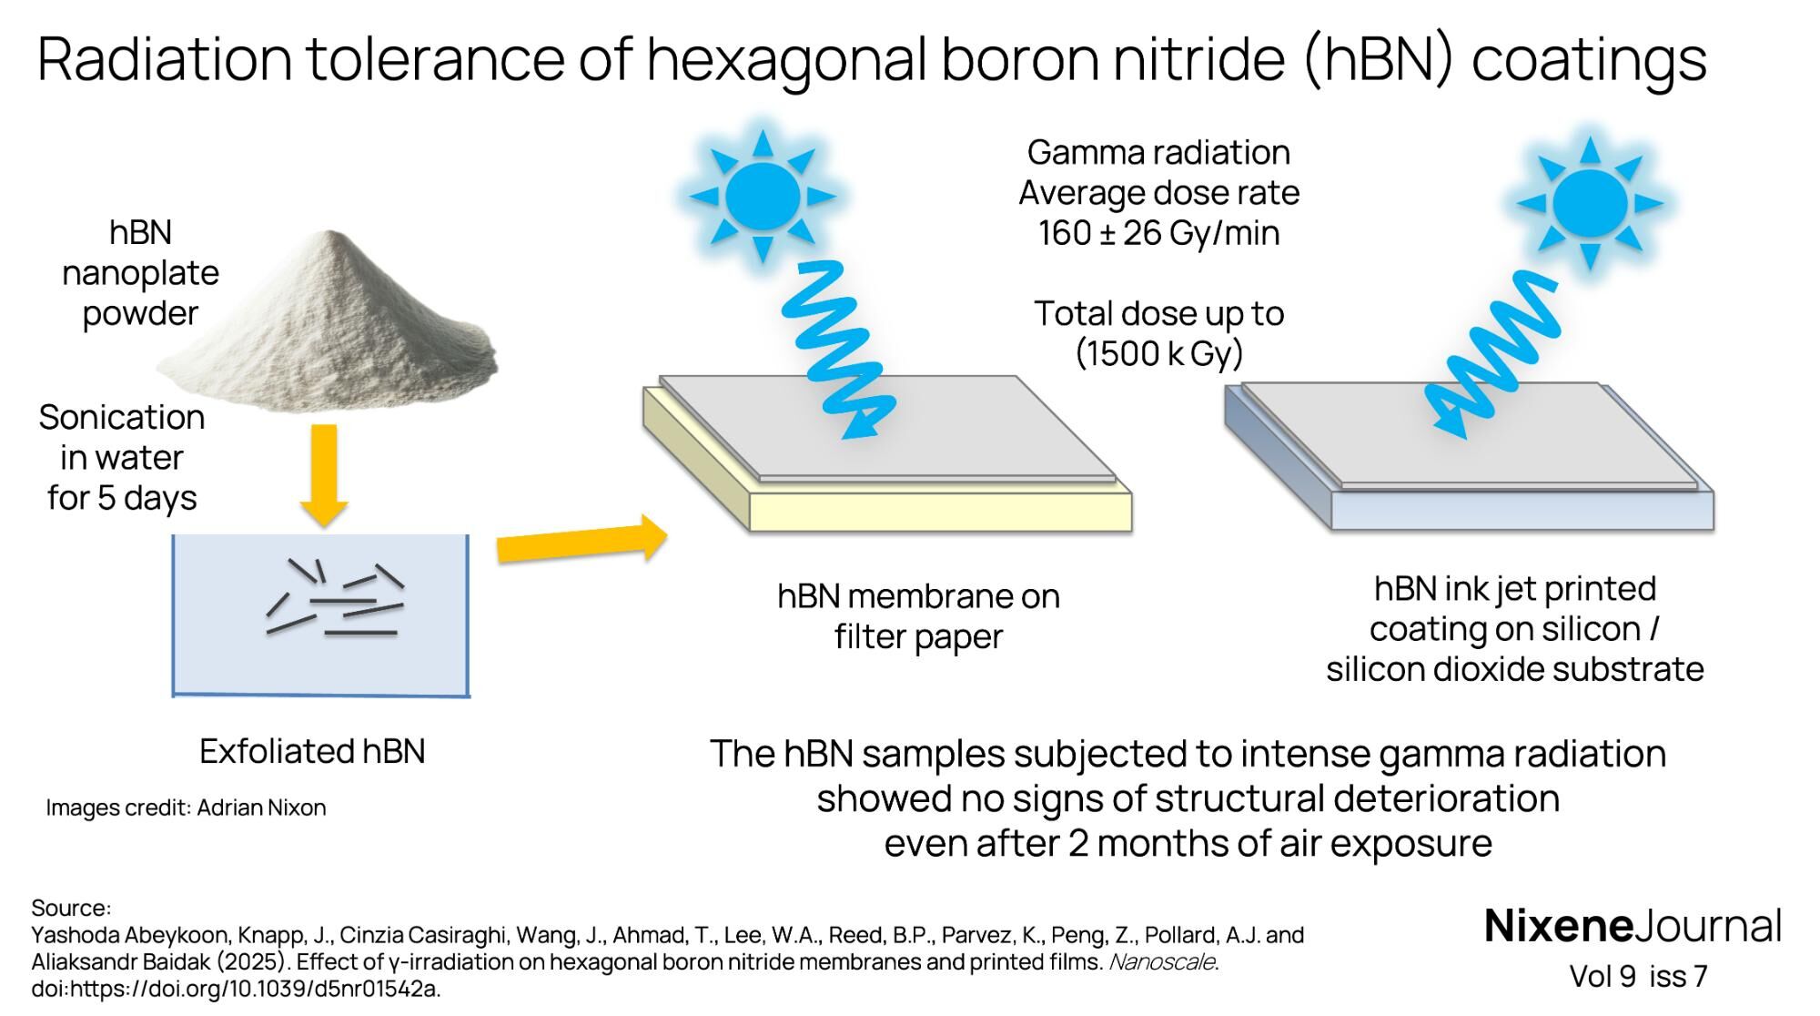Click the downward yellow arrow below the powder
tap(323, 473)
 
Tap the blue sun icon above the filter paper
tap(763, 196)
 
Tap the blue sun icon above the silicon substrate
tap(1589, 202)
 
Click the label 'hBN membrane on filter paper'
tap(918, 616)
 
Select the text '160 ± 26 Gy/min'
tap(1158, 234)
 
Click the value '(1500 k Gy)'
tap(1158, 354)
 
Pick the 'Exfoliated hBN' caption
tap(312, 752)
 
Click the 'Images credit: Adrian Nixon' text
tap(186, 808)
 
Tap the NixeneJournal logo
tap(1633, 926)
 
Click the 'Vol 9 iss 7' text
tap(1638, 976)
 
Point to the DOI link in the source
tap(237, 989)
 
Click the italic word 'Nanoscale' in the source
tap(1162, 962)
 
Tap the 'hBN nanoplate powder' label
tap(140, 273)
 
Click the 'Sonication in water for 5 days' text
tap(122, 458)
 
